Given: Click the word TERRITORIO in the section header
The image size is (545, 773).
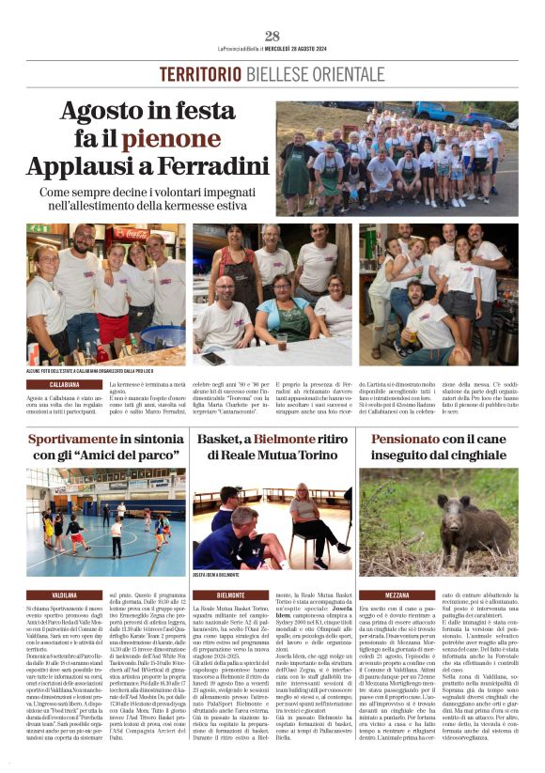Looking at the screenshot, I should coord(202,75).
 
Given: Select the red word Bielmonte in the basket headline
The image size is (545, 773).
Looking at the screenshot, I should coord(273,439).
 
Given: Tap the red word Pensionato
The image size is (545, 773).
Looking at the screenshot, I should coord(411,439).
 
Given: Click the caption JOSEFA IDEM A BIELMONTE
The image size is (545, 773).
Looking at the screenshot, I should coord(216,575).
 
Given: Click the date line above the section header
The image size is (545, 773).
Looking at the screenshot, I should coord(272,49).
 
